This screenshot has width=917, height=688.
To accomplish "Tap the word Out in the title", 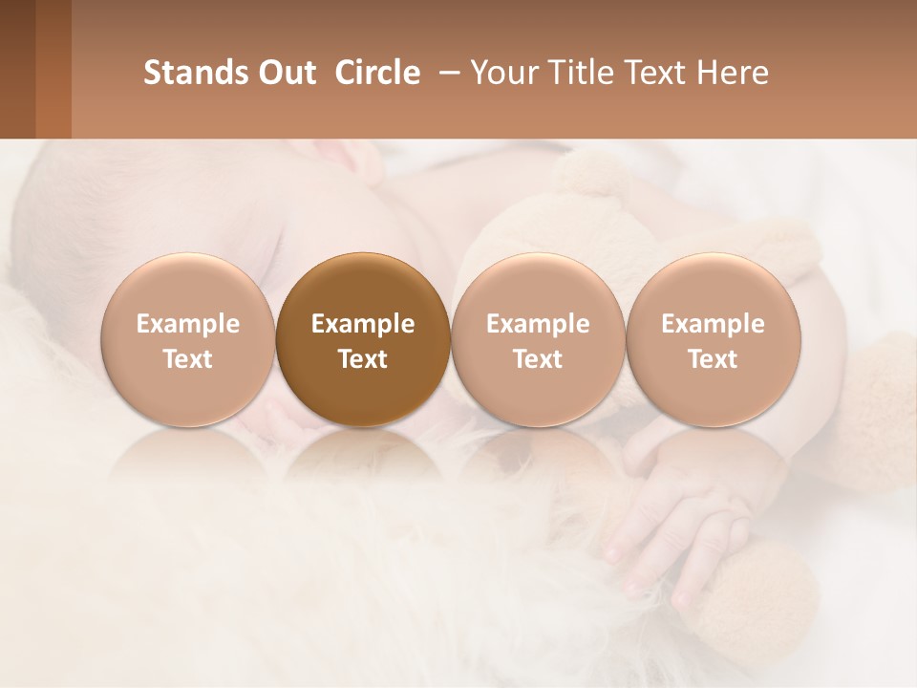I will point(285,73).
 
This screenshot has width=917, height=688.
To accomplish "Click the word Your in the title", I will point(502,73).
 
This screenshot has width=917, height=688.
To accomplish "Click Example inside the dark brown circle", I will point(363,324).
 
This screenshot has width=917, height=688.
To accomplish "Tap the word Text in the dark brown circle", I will point(363,359).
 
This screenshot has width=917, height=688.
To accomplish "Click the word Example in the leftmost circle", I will point(188,324).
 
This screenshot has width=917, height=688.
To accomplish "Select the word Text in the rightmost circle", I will point(713,359).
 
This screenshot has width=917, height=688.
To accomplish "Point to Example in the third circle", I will point(538,324).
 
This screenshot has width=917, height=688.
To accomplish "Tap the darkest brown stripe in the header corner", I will point(17,69).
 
